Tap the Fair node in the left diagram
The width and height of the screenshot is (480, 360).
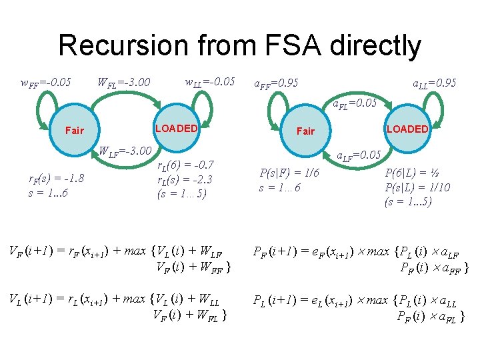74,130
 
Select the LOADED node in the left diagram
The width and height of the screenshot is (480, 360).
176,128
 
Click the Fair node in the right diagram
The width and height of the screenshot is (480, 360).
305,131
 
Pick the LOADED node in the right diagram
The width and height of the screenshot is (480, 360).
407,129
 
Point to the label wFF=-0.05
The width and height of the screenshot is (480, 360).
46,83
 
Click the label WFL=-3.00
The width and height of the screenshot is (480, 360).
123,83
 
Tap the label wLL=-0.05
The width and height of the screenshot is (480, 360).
210,81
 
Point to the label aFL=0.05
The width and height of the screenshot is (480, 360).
355,103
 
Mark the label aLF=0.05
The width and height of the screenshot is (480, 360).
358,155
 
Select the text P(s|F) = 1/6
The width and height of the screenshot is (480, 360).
289,173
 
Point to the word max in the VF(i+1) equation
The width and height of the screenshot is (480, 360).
135,251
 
